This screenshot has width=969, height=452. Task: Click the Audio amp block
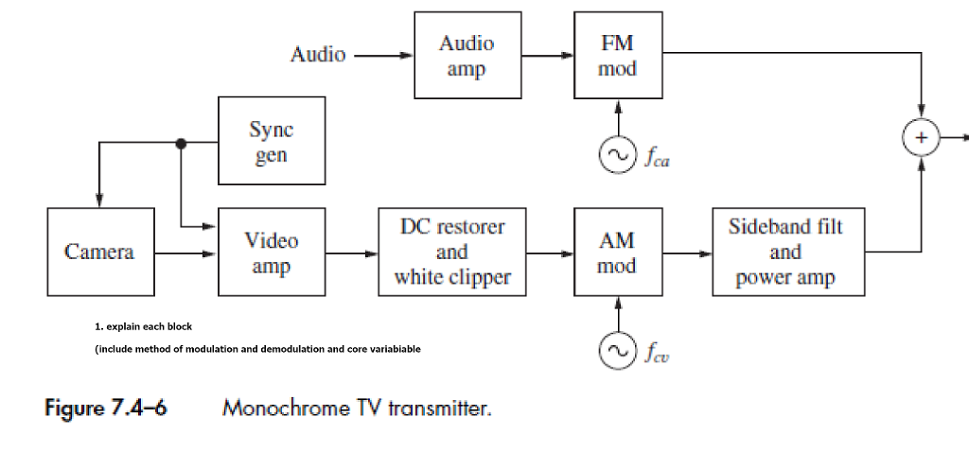point(467,56)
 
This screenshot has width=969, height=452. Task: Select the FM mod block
point(617,56)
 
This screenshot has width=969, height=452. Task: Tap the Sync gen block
point(272,141)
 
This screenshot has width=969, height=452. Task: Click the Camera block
point(100,252)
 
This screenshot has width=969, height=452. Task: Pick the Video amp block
point(272,252)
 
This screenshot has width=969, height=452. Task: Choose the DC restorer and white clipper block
point(451,252)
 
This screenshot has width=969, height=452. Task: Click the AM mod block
point(617,252)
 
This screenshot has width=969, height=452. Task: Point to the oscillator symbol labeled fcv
point(617,352)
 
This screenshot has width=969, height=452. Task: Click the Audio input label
point(318,55)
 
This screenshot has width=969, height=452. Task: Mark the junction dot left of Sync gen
point(181,143)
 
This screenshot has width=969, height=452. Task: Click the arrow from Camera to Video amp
point(186,253)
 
